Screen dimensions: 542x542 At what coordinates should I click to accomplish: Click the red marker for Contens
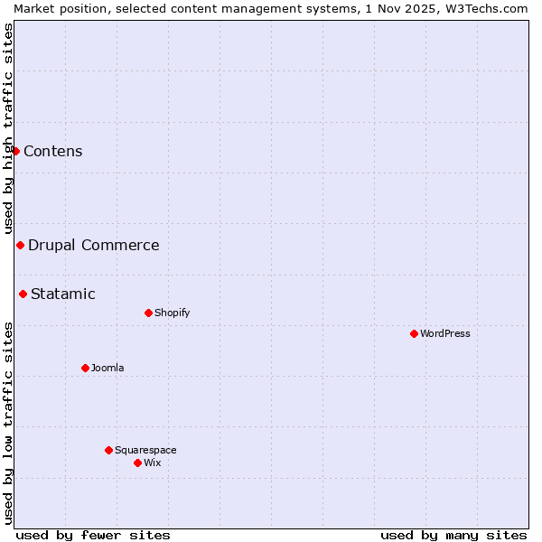pos(15,151)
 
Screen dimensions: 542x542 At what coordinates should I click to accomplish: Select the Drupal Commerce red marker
pos(20,245)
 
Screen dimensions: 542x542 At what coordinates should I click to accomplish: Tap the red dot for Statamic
pos(23,294)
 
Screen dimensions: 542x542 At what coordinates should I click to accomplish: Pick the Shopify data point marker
pos(148,313)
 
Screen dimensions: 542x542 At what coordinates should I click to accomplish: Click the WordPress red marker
pos(414,333)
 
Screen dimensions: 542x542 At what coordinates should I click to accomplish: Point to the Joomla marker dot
pos(85,368)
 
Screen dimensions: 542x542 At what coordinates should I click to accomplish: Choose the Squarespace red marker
pos(108,450)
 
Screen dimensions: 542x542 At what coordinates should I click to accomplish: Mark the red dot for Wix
pos(137,463)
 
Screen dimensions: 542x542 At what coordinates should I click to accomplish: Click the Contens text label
pos(53,151)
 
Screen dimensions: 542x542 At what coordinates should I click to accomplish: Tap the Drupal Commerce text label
pos(94,245)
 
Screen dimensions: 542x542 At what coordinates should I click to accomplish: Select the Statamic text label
pos(63,294)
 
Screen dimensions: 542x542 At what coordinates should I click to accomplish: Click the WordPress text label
pos(445,333)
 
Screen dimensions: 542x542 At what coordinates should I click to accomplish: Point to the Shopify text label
pos(173,313)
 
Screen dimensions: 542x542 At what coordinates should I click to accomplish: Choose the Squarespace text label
pos(145,450)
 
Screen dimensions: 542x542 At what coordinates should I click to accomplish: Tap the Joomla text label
pos(107,368)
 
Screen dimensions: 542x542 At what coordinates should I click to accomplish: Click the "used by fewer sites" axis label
pos(93,535)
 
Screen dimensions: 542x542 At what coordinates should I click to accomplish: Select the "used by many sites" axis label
pos(453,535)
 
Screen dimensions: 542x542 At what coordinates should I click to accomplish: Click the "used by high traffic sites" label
pos(8,128)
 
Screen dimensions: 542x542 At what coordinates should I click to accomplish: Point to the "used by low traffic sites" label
pos(8,423)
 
